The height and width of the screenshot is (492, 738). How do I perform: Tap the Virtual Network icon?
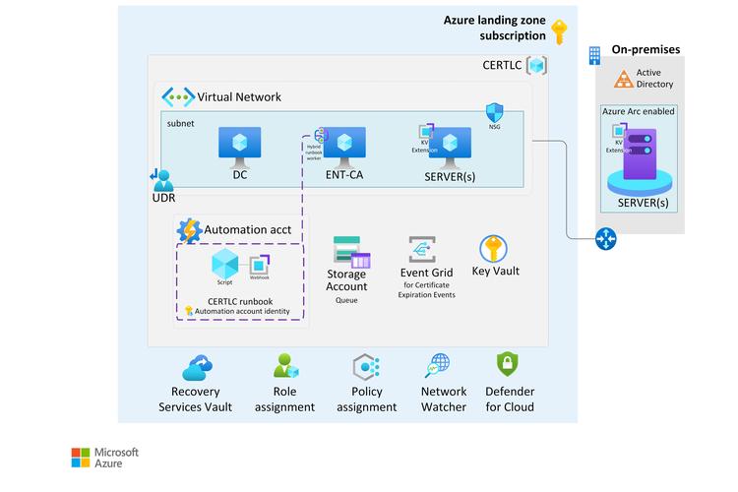pos(178,96)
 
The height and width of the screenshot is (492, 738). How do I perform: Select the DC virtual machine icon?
pos(239,144)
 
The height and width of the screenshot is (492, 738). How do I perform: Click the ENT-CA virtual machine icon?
pos(344,142)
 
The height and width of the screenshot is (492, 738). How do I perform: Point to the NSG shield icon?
pos(496,111)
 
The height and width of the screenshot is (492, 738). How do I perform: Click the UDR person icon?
pos(162,180)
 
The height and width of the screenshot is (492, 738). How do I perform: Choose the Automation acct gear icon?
pos(189,229)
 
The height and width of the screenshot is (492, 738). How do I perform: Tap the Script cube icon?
pos(225,263)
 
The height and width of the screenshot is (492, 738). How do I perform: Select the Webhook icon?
pos(260,266)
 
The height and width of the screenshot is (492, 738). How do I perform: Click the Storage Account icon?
pos(351,253)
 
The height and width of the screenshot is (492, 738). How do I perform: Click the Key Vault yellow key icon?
pos(493,248)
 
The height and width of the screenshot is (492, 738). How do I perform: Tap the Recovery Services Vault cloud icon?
pos(197,368)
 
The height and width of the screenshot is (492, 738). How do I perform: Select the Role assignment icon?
pos(285,368)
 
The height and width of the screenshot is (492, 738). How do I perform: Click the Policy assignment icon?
pos(366,368)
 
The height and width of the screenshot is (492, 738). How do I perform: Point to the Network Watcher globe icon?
pos(437,367)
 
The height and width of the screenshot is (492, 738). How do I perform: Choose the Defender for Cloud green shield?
pos(509,366)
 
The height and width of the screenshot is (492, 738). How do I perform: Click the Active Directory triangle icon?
pos(622,79)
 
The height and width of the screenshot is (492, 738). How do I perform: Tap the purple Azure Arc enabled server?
pos(642,162)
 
